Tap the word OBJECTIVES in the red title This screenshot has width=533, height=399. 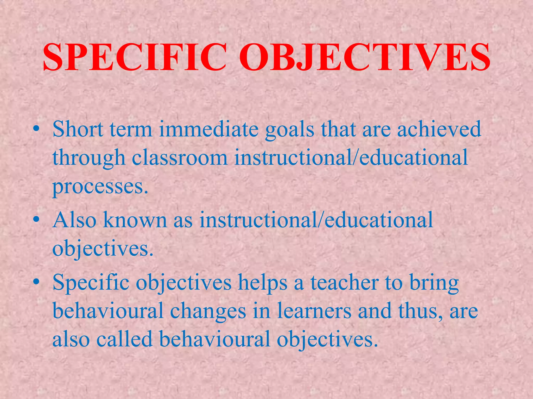click(x=364, y=58)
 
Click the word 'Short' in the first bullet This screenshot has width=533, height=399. click(x=78, y=129)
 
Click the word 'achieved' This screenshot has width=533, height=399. click(x=439, y=129)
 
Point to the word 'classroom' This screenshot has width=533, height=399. click(x=180, y=158)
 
